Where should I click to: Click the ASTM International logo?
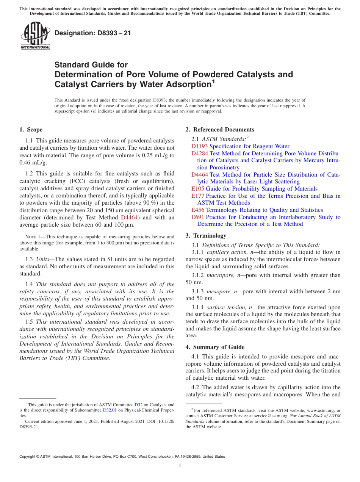pos(35,36)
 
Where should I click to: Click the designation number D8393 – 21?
pos(93,33)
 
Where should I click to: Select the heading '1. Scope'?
pos(31,130)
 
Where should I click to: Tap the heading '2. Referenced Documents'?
pos(220,130)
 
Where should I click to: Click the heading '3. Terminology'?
pos(206,235)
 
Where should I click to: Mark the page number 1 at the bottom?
pos(180,465)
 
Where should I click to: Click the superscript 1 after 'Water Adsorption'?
pos(213,81)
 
